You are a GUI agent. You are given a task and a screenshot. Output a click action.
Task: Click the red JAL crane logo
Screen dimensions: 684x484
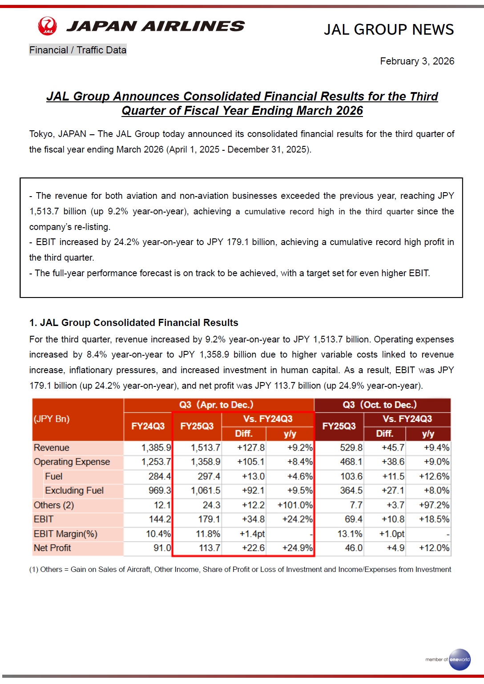pos(48,26)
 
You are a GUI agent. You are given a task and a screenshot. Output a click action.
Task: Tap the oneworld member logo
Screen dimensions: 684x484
pos(459,659)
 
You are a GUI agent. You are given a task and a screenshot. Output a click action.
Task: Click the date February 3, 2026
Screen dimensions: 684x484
pos(417,61)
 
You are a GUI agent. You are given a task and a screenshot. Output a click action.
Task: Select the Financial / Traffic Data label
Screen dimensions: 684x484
pos(78,50)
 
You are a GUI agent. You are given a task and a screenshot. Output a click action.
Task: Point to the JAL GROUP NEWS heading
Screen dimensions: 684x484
pos(388,29)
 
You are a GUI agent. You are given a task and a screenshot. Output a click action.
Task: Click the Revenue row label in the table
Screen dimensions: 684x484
pos(52,448)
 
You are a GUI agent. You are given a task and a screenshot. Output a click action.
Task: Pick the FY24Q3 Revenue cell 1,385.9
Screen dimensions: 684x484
pos(156,448)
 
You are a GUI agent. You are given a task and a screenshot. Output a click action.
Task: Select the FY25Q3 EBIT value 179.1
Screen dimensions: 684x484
pos(209,519)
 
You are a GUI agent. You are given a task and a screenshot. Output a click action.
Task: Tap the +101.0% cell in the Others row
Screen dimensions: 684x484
pos(294,505)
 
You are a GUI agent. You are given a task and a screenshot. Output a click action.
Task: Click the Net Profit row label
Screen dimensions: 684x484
pos(52,548)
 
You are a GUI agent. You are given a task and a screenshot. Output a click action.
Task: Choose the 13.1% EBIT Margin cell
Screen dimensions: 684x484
pos(350,534)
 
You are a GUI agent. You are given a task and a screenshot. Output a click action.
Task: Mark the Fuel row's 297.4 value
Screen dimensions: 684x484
pos(209,476)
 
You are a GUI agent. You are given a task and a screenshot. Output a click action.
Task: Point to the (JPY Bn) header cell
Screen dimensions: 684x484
pos(52,419)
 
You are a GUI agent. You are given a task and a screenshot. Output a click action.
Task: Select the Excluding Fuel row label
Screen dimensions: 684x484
pos(74,491)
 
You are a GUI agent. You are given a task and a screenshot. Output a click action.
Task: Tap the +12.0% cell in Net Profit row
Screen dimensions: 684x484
pos(434,548)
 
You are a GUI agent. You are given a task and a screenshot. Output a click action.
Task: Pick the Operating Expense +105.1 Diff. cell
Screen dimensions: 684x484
pos(251,462)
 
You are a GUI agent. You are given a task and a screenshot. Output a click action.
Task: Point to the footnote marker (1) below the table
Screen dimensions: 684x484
pos(33,570)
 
